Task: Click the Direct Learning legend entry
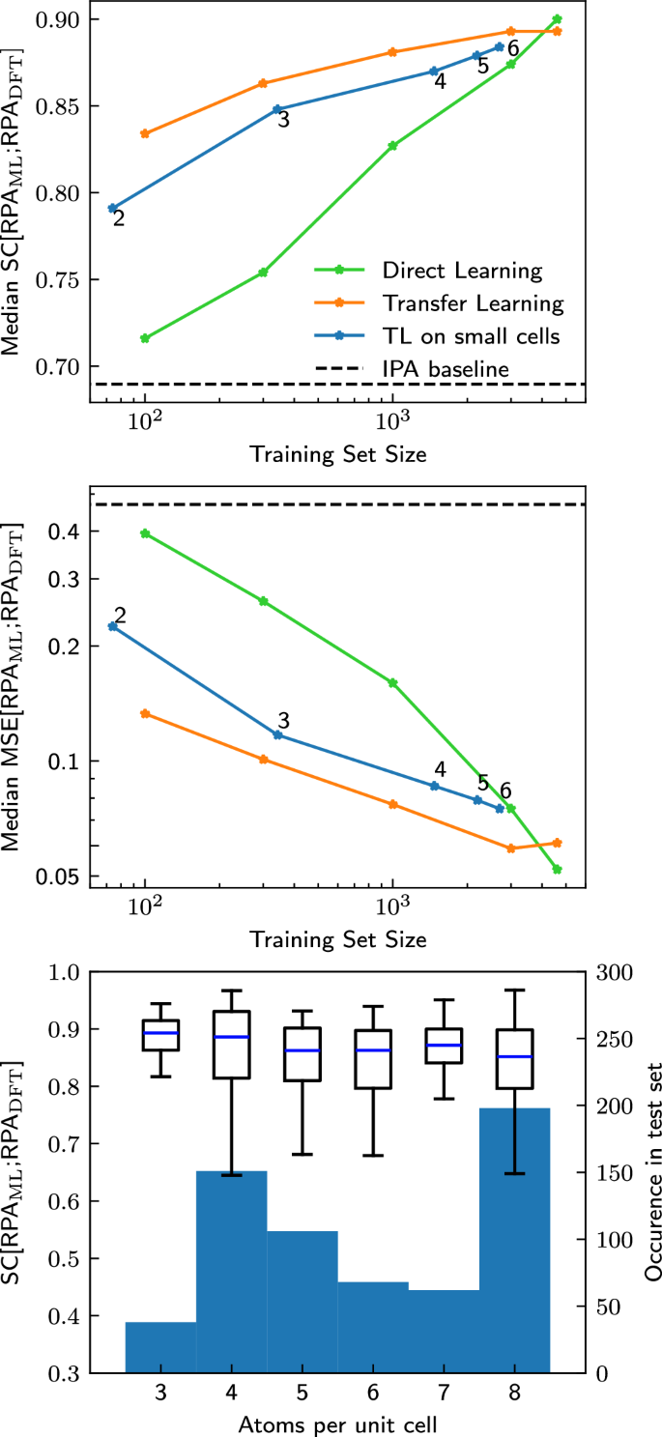click(462, 270)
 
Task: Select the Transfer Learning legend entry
click(472, 303)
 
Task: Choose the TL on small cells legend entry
click(472, 335)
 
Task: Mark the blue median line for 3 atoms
click(160, 1033)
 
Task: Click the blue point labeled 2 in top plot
click(113, 208)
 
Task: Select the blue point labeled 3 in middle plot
click(277, 734)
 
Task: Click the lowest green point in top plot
click(145, 338)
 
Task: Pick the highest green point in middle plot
click(145, 533)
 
